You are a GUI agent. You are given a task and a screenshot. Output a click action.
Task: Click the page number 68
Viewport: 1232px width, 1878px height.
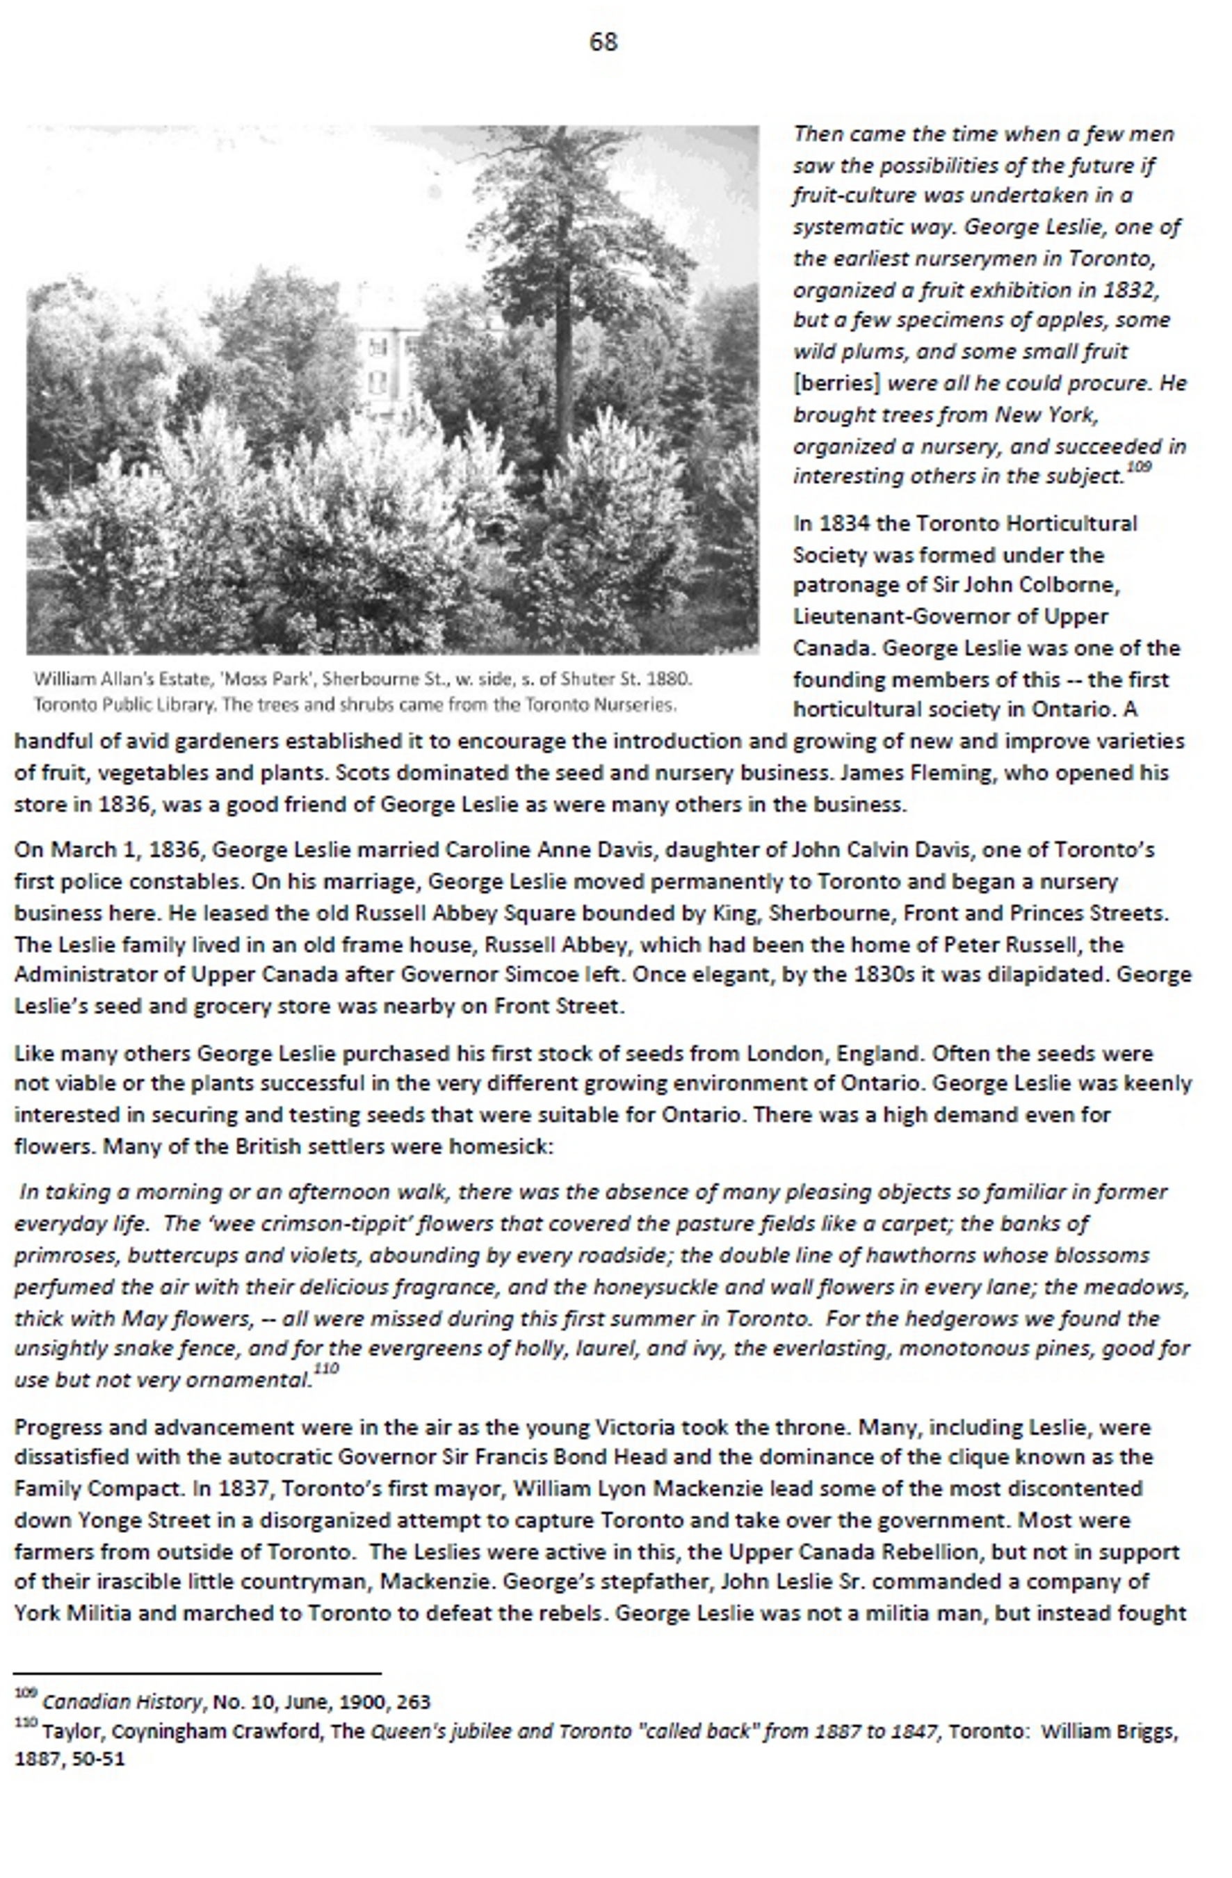pyautogui.click(x=603, y=42)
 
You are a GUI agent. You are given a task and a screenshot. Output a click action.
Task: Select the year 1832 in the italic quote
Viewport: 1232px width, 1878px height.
pyautogui.click(x=1132, y=289)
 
